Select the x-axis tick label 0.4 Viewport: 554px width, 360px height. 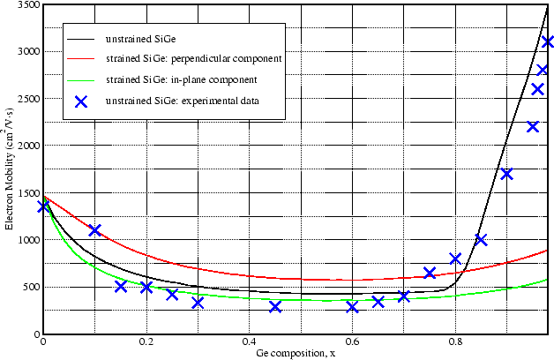pos(249,343)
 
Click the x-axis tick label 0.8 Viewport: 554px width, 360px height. pos(455,343)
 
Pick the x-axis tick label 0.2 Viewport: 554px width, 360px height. pos(146,343)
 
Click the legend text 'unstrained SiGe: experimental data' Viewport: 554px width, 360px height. pos(182,101)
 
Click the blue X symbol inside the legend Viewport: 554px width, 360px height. pos(82,101)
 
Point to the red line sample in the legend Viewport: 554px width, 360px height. pos(82,58)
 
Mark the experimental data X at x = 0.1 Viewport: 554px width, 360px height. pos(95,230)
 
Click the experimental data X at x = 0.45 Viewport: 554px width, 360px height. pos(275,307)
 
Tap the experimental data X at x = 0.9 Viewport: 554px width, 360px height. pos(506,174)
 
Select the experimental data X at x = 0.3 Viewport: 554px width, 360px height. pos(198,303)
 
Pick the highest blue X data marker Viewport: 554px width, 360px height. pos(548,41)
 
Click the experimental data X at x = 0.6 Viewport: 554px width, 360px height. pos(352,307)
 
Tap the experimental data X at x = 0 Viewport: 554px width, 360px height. pos(43,206)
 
